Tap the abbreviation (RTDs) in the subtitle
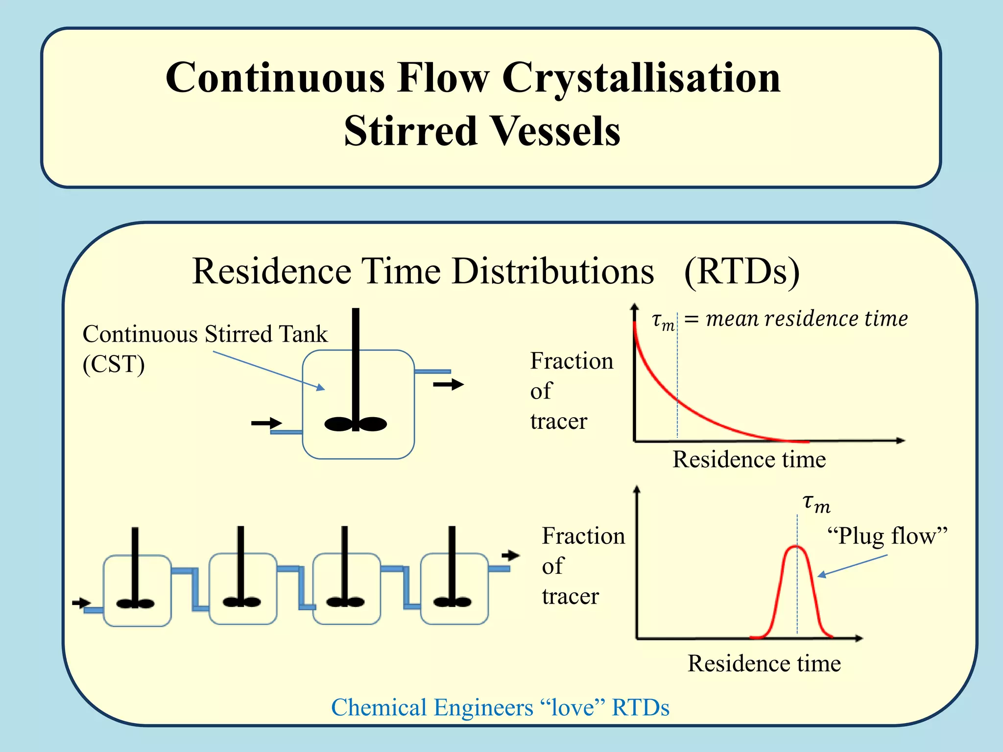pyautogui.click(x=741, y=271)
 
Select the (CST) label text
pyautogui.click(x=114, y=364)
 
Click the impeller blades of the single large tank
pyautogui.click(x=356, y=424)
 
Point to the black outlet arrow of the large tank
pyautogui.click(x=448, y=385)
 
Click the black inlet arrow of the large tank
pyautogui.click(x=266, y=423)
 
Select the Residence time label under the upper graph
pyautogui.click(x=749, y=460)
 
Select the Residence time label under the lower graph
pyautogui.click(x=764, y=664)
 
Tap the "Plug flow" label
pyautogui.click(x=887, y=536)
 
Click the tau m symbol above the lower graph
pyautogui.click(x=816, y=504)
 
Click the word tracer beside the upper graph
pyautogui.click(x=558, y=422)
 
